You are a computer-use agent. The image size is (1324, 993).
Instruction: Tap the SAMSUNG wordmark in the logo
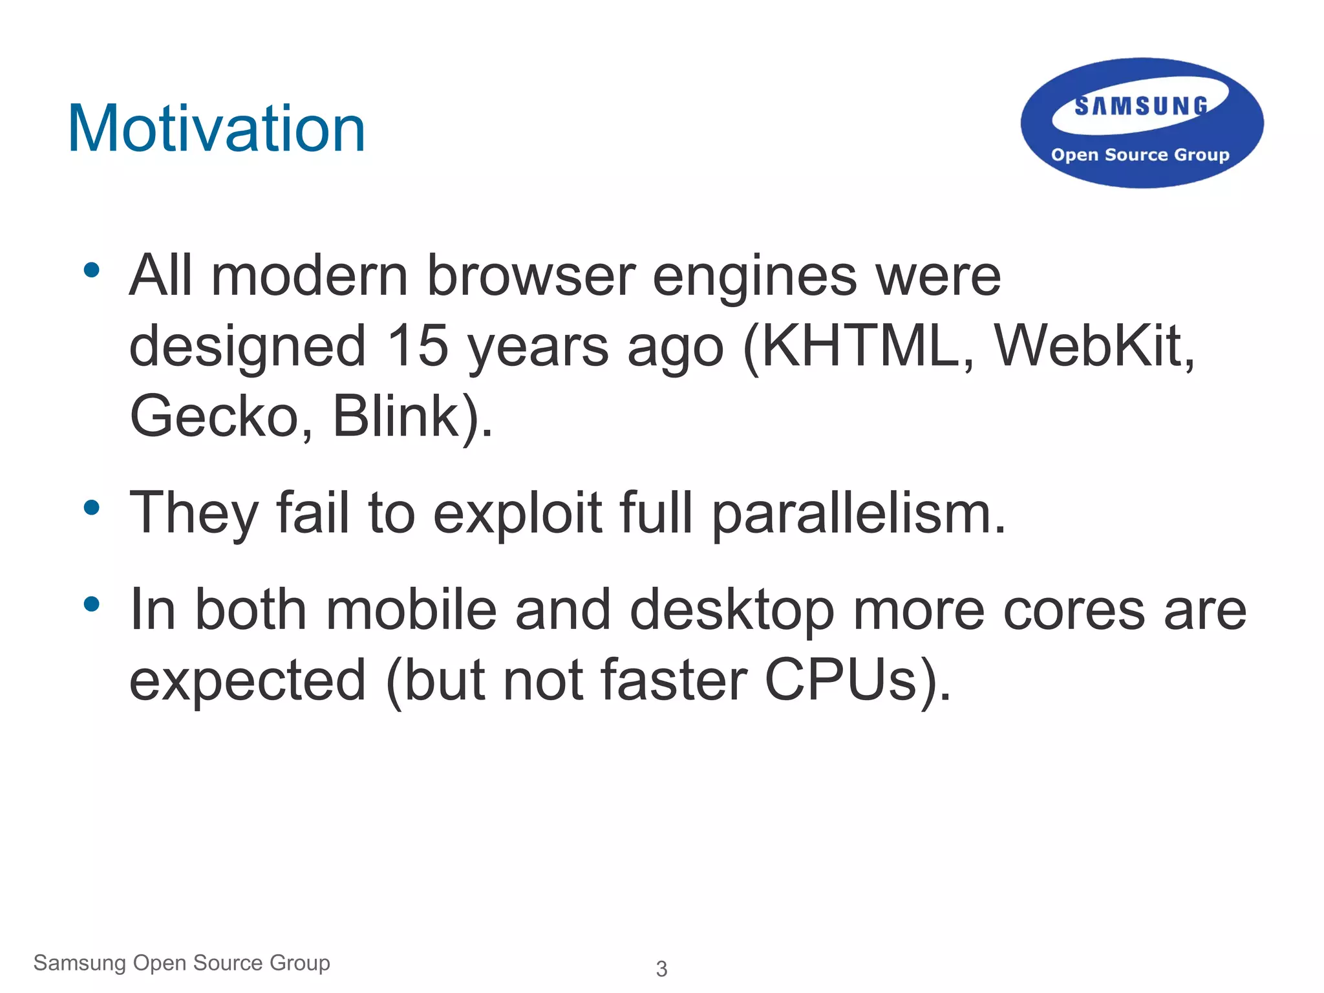pyautogui.click(x=1141, y=107)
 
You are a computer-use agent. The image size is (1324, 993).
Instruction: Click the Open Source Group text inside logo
pyautogui.click(x=1140, y=155)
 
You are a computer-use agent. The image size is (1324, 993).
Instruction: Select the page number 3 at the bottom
pyautogui.click(x=661, y=968)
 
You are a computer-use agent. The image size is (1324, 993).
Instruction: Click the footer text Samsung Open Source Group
pyautogui.click(x=182, y=963)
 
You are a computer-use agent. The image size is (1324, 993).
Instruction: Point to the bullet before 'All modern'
pyautogui.click(x=92, y=270)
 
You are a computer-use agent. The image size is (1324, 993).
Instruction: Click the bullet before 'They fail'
pyautogui.click(x=92, y=507)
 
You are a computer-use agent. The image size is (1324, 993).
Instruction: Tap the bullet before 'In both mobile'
pyautogui.click(x=92, y=604)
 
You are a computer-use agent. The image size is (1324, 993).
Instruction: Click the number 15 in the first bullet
pyautogui.click(x=417, y=346)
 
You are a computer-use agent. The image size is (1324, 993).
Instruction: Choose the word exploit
pyautogui.click(x=517, y=514)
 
